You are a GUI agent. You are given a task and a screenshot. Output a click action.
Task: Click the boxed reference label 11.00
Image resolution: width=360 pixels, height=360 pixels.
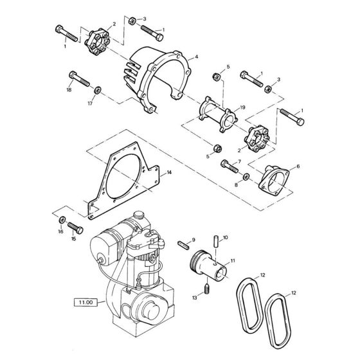[86, 302]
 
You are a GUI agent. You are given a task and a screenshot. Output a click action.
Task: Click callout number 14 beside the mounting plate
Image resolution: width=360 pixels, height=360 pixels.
[169, 172]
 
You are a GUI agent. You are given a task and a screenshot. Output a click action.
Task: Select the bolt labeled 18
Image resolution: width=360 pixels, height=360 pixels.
[79, 78]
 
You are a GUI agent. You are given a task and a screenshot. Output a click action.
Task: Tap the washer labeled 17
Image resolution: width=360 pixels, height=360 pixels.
[98, 90]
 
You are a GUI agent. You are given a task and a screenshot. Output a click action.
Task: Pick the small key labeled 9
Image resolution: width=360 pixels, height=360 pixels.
[184, 245]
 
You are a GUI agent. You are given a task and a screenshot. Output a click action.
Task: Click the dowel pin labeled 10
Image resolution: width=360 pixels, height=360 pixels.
[216, 241]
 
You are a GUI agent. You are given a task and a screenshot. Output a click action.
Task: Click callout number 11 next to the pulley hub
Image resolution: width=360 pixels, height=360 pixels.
[233, 261]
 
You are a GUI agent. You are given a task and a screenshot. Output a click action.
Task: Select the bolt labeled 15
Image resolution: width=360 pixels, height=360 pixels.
[75, 228]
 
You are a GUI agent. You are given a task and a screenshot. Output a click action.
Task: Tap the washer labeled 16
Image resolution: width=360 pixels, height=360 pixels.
[62, 220]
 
